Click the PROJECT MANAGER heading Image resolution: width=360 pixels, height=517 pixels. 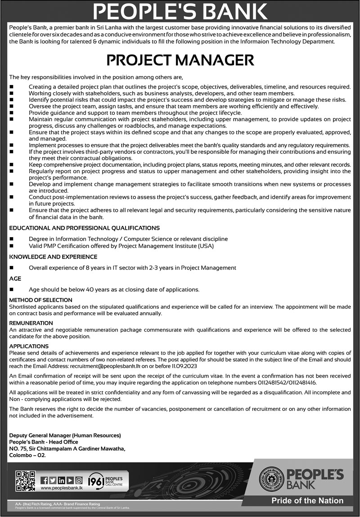180,60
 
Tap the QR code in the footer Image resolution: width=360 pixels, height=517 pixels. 25,481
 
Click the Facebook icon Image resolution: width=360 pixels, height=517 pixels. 44,480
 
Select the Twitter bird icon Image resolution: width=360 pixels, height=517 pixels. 53,480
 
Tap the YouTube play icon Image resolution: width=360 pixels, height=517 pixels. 70,480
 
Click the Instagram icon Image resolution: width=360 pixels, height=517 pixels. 79,480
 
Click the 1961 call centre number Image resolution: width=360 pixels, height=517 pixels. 97,481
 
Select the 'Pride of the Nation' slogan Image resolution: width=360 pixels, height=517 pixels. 307,500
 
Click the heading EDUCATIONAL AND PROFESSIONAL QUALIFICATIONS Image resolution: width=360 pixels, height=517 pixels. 84,228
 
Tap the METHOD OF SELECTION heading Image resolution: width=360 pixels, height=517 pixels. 40,300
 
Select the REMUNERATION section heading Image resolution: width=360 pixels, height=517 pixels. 31,323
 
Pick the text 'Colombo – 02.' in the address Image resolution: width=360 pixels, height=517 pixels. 27,455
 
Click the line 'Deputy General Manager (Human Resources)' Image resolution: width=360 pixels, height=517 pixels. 65,435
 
